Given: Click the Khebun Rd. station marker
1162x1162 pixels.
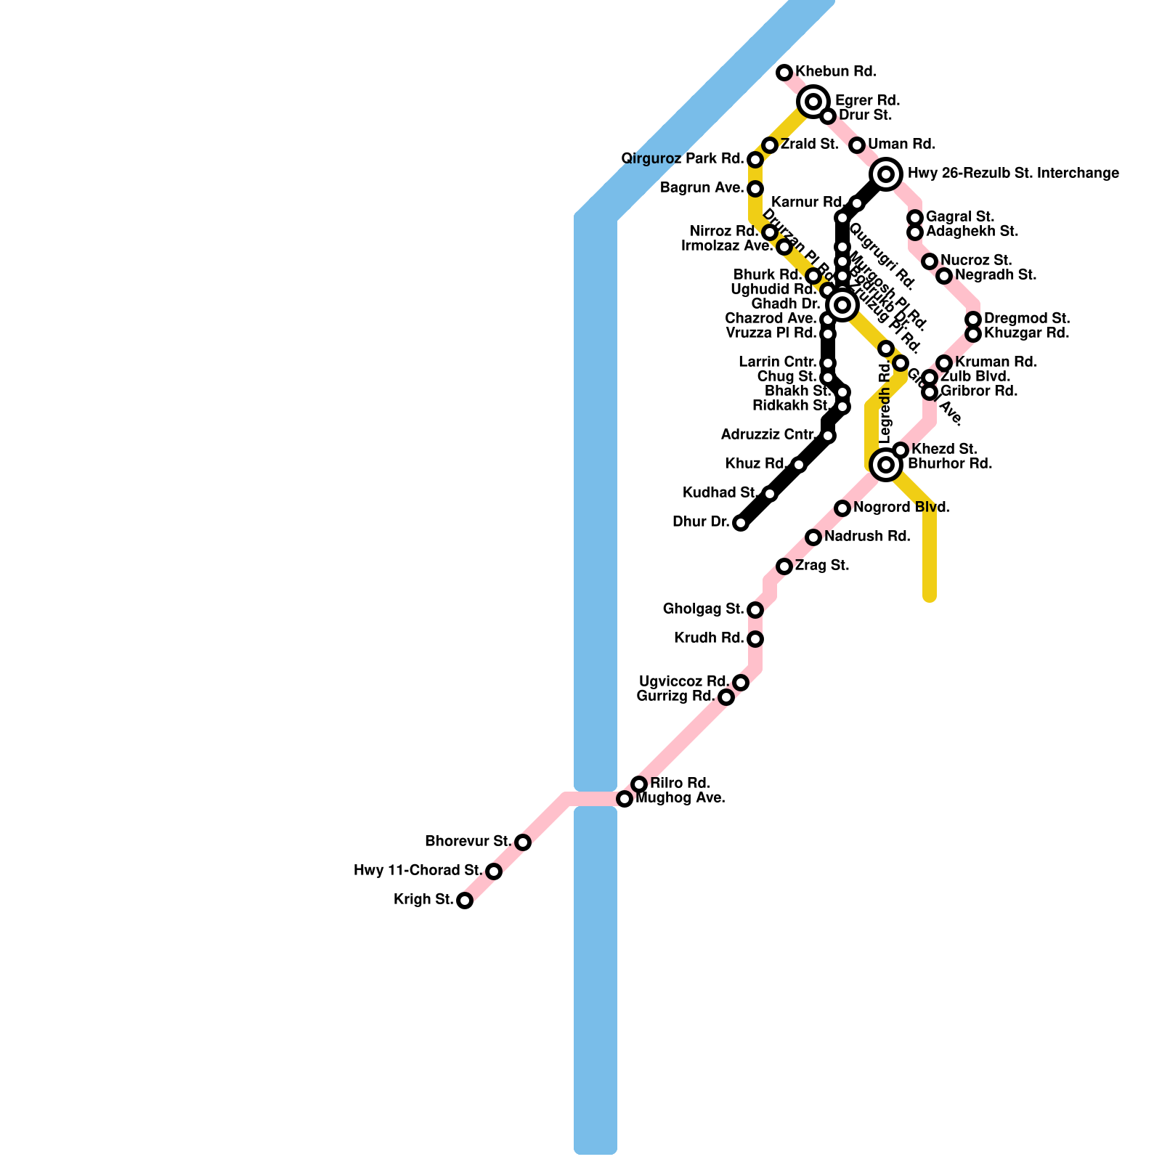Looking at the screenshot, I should click(784, 73).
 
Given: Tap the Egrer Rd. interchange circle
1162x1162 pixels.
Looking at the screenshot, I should click(813, 102).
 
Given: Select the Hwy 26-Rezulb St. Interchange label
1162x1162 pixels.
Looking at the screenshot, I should click(1012, 174).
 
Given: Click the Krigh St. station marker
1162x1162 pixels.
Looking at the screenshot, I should click(465, 901).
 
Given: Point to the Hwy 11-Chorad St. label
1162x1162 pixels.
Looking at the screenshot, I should click(418, 871).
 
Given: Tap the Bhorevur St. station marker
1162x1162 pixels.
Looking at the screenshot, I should click(523, 842).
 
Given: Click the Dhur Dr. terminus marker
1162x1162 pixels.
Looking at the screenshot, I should click(741, 523).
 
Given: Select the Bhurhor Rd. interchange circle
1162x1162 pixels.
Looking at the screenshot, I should click(886, 465).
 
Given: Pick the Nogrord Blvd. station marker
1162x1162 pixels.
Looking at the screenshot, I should click(842, 508).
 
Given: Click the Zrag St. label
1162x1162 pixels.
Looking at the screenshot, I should click(821, 566).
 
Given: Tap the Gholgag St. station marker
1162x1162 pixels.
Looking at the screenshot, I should click(755, 610).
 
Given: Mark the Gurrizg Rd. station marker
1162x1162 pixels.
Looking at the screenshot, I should click(726, 697).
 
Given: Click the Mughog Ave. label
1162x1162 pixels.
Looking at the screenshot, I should click(680, 799).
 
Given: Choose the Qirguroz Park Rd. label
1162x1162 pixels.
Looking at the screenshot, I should click(682, 159).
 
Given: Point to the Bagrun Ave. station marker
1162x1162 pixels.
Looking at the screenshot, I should click(755, 189).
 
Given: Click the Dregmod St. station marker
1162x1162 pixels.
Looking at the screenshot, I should click(973, 320).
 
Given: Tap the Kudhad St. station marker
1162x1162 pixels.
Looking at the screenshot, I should click(770, 494).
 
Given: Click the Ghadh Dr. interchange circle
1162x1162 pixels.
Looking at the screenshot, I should click(842, 305).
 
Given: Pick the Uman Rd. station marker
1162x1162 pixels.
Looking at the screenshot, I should click(857, 145).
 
